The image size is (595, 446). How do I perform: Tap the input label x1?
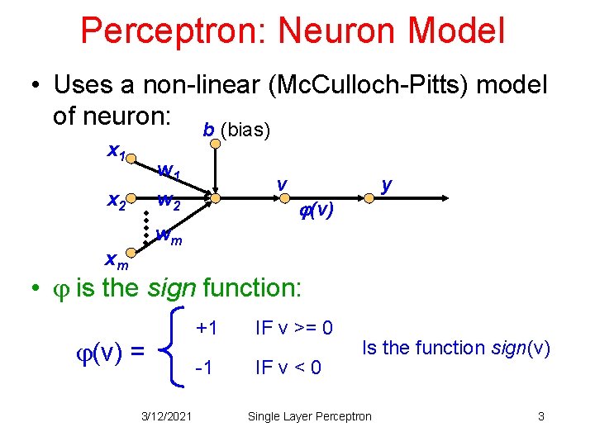[117, 151]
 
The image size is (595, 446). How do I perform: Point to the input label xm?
[117, 262]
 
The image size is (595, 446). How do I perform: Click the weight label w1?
[169, 173]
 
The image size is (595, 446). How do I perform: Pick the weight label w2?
[169, 200]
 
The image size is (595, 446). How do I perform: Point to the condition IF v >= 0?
[294, 329]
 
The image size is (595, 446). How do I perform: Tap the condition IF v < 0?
[288, 365]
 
